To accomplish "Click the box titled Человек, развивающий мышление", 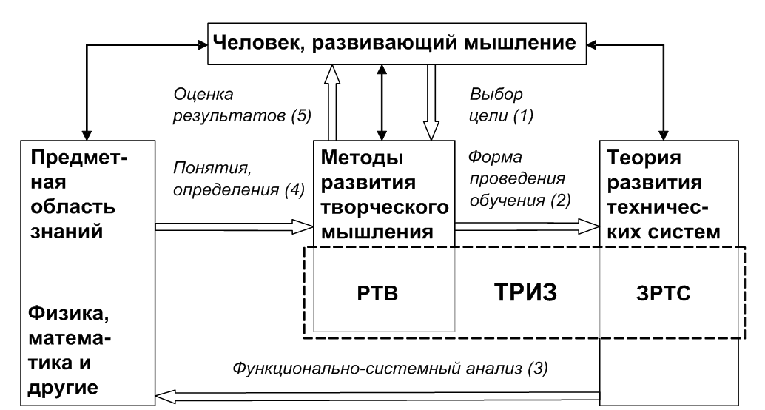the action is coord(397,44).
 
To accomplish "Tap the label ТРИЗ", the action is coord(525,292).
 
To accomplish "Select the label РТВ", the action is coord(377,294).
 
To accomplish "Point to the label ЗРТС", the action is coord(664,294).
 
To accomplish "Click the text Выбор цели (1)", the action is coord(502,105).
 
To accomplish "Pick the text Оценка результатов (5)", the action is coord(242,105).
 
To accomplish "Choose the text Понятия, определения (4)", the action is coord(239,178).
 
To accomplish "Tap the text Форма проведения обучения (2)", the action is coord(519,178).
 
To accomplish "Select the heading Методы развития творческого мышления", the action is coord(385,194).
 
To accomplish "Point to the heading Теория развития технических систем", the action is coord(664,194).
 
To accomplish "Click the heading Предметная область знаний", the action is coord(79,194).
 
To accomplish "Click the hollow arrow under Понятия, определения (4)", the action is coord(235,226).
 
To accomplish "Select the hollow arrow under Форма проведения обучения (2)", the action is coord(528,226).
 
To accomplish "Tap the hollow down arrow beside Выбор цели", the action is coord(431,102).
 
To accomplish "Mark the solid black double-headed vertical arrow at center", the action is coord(382,102).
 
